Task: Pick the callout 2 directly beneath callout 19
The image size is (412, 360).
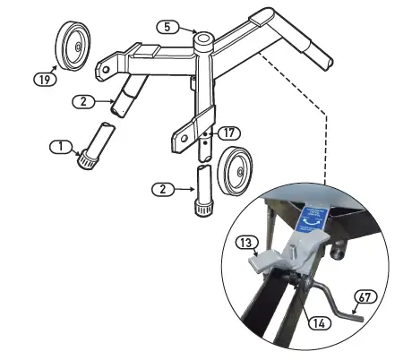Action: tap(82, 102)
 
